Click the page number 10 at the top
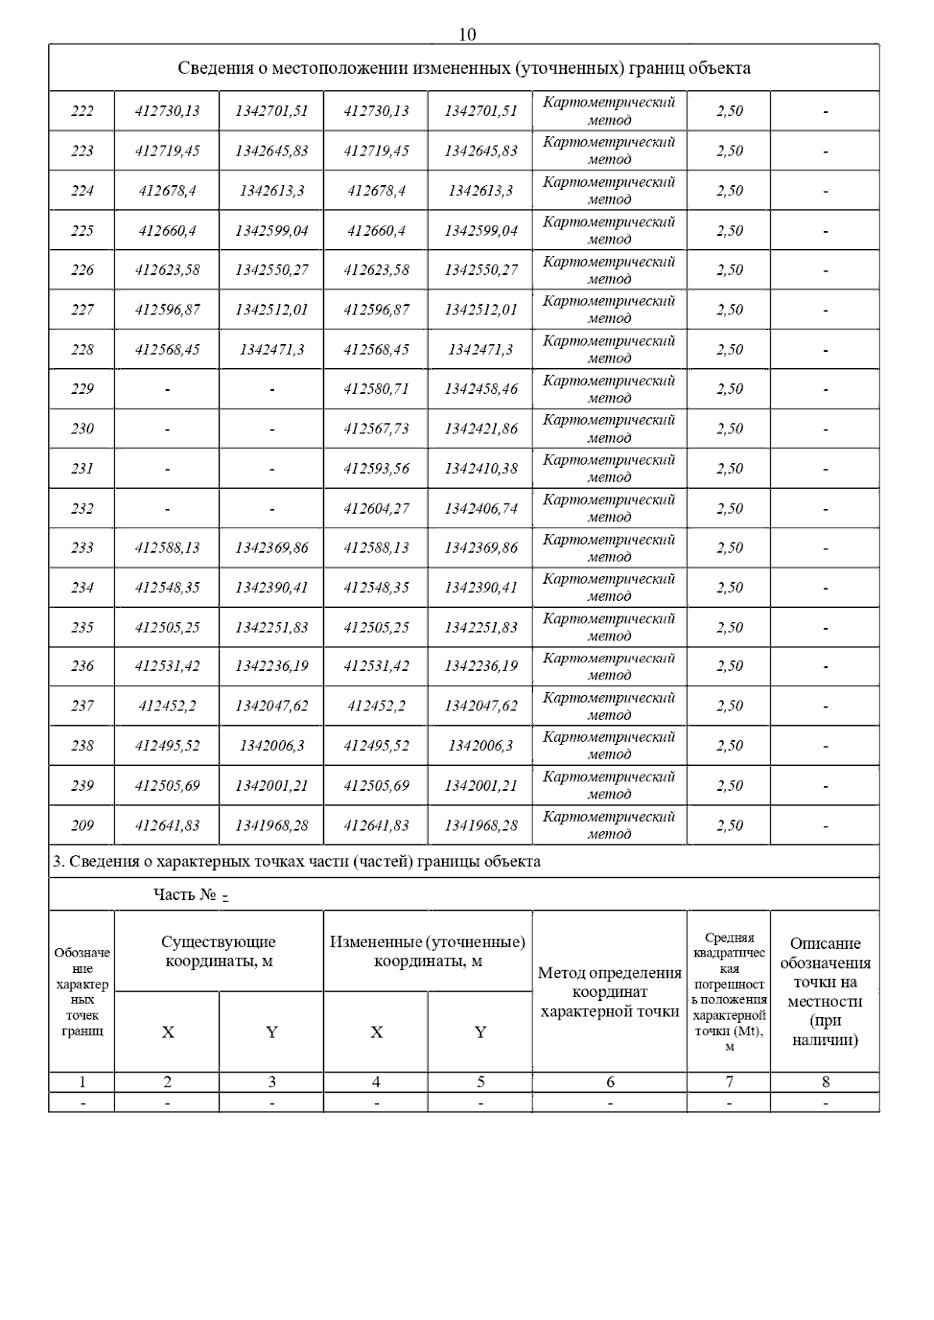point(467,34)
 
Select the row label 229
point(82,388)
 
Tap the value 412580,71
point(376,388)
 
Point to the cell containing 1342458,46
point(480,388)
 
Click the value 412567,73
point(376,428)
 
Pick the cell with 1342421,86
point(480,428)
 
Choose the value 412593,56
point(376,469)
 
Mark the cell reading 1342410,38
point(480,469)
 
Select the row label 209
point(82,825)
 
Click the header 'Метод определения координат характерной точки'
point(609,992)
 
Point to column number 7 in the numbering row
point(729,1082)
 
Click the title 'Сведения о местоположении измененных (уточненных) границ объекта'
point(464,68)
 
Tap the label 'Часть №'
point(184,894)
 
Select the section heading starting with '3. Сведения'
point(297,862)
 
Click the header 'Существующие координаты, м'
point(219,951)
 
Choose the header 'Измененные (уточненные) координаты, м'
point(427,951)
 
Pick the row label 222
point(82,111)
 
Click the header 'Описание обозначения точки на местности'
point(825,992)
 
